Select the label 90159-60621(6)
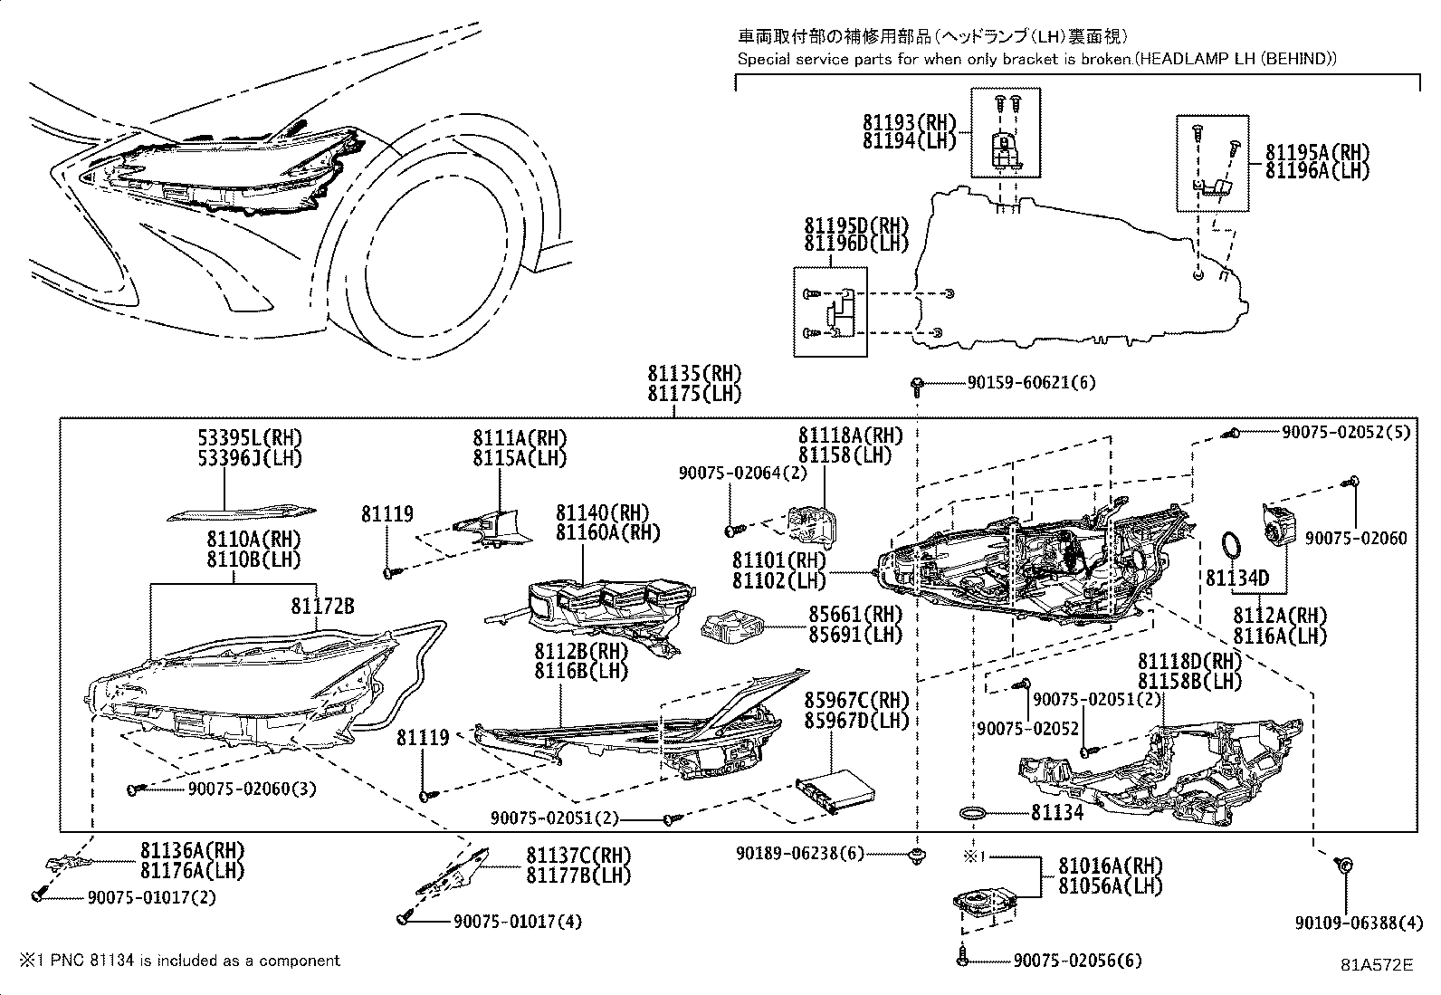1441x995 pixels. tap(1030, 383)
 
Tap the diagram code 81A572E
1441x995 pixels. tap(1377, 965)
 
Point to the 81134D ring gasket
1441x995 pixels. tap(1231, 547)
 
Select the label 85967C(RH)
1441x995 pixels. tap(856, 700)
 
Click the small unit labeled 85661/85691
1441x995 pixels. tap(731, 626)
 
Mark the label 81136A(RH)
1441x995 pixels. tap(192, 850)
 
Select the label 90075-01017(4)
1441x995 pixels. tap(517, 922)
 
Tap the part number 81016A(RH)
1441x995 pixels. tap(1111, 866)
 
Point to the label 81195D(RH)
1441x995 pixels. tap(855, 225)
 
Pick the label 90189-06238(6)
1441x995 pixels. tap(800, 853)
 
